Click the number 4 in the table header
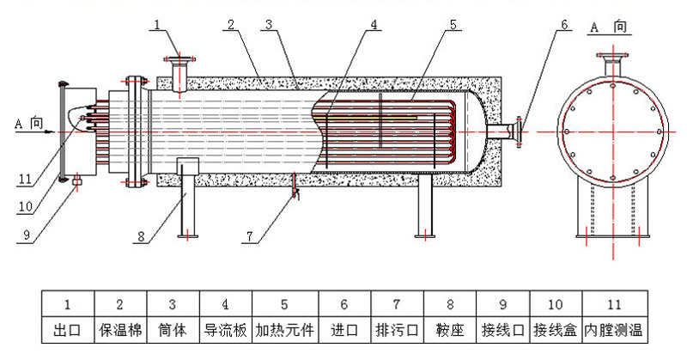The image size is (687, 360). (226, 303)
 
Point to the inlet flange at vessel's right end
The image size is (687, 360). (518, 131)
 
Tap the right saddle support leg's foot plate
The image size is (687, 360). (424, 234)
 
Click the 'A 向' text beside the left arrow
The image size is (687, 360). (28, 124)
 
